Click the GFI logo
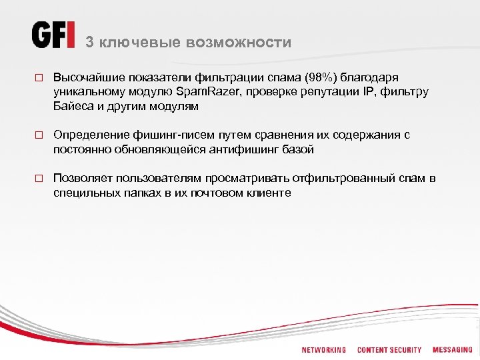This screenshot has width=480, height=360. pyautogui.click(x=53, y=35)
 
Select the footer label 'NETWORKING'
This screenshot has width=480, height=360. pyautogui.click(x=324, y=350)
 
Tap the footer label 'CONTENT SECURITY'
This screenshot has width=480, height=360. pyautogui.click(x=389, y=350)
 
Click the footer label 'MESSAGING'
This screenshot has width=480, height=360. pyautogui.click(x=453, y=350)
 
